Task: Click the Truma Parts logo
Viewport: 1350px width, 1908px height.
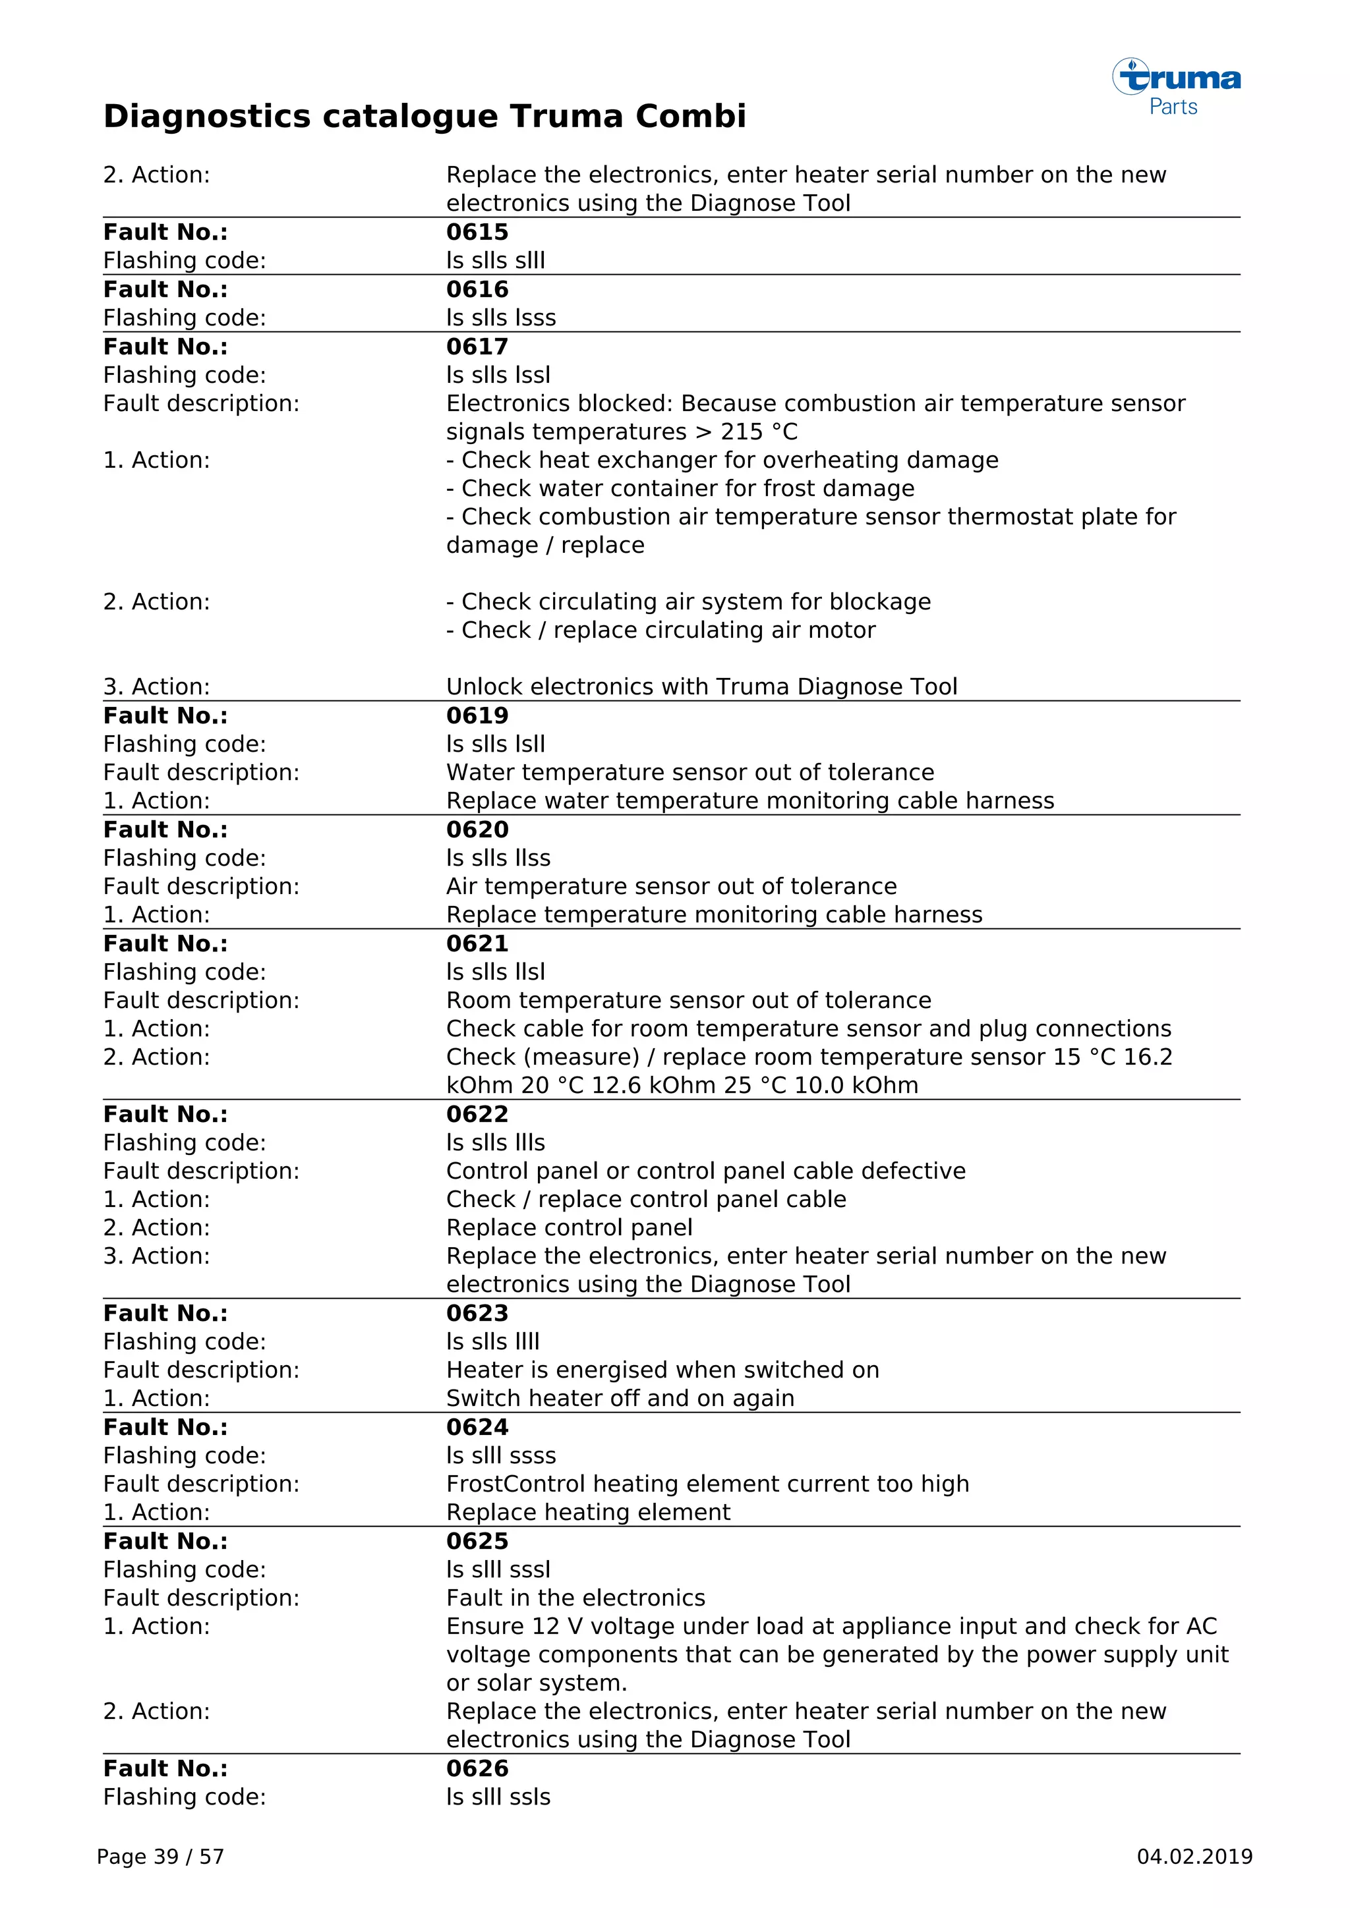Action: pyautogui.click(x=1176, y=86)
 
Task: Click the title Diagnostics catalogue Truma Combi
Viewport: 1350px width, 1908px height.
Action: pyautogui.click(x=424, y=117)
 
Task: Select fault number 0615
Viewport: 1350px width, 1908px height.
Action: pyautogui.click(x=477, y=232)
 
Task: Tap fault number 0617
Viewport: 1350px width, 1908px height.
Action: pyautogui.click(x=477, y=347)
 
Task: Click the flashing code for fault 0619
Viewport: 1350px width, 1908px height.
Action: pyautogui.click(x=496, y=744)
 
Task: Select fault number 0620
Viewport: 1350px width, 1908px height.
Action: pyautogui.click(x=477, y=829)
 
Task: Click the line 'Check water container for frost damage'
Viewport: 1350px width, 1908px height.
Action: pyautogui.click(x=680, y=489)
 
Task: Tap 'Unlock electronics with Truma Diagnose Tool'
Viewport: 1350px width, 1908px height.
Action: pyautogui.click(x=701, y=687)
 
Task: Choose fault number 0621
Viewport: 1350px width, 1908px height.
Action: pyautogui.click(x=477, y=943)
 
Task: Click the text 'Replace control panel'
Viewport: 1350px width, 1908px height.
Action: pyautogui.click(x=569, y=1227)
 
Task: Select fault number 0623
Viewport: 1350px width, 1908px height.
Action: pyautogui.click(x=477, y=1313)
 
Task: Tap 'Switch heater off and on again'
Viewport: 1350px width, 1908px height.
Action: pyautogui.click(x=620, y=1398)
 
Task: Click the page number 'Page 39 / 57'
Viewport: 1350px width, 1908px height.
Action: pyautogui.click(x=160, y=1857)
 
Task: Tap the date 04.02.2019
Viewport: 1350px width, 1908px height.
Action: pyautogui.click(x=1194, y=1857)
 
